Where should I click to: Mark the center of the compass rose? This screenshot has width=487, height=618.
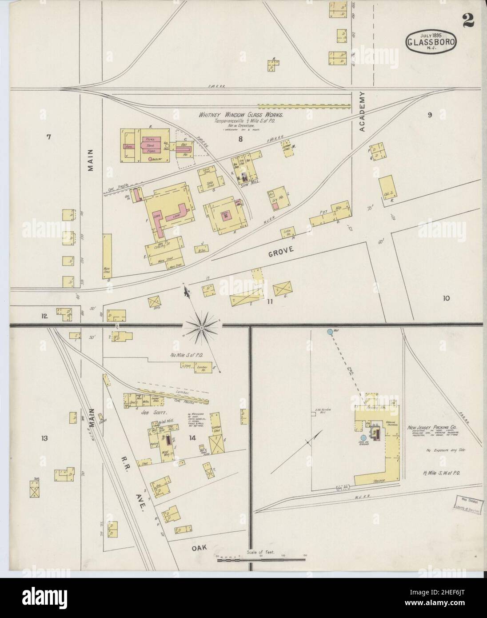point(201,328)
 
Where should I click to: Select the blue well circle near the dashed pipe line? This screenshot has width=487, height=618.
point(329,332)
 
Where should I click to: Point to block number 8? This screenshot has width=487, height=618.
point(240,139)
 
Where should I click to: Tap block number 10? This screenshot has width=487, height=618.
point(446,298)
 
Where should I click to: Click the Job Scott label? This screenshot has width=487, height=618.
point(151,412)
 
